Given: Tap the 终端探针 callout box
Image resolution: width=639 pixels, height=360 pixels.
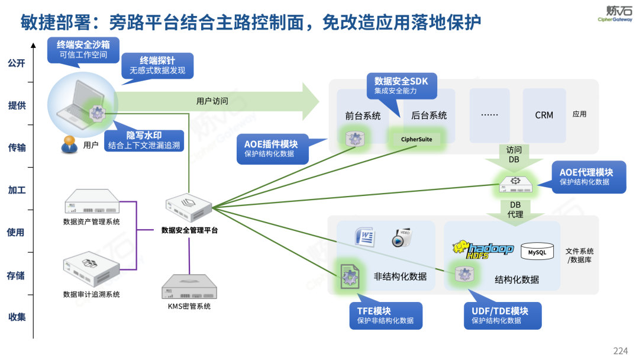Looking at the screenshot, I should click(157, 66).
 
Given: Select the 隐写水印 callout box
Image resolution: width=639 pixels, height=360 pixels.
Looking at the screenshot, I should click(143, 140).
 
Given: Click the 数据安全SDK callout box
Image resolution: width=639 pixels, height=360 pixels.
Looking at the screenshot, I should click(402, 86).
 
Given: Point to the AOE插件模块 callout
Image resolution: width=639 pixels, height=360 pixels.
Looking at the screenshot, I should click(276, 149).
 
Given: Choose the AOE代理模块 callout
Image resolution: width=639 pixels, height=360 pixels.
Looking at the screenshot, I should click(588, 176).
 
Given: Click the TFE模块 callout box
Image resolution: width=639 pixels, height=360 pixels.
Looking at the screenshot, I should click(385, 316).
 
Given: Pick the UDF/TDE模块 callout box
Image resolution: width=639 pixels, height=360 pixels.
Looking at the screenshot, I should click(503, 316).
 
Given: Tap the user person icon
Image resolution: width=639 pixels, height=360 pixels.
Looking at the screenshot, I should click(70, 144).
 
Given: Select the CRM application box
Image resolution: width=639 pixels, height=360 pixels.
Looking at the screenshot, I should click(544, 115).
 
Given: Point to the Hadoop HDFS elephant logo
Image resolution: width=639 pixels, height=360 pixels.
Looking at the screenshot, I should click(483, 250).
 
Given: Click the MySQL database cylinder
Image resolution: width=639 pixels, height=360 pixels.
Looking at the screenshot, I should click(537, 252).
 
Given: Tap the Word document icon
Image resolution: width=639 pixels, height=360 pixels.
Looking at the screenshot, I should click(365, 237).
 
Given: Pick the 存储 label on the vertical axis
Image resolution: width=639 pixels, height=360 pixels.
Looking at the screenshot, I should click(16, 275).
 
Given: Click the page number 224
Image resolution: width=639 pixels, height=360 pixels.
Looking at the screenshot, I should click(620, 351).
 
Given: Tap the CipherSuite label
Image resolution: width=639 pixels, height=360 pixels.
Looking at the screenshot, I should click(417, 140).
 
